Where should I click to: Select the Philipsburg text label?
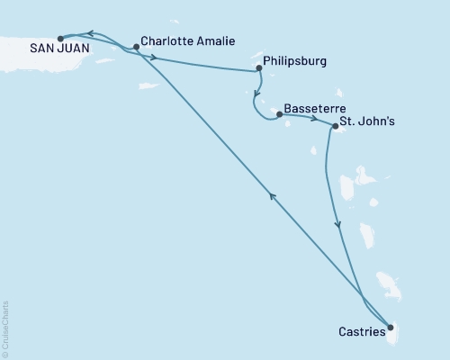pos(296,62)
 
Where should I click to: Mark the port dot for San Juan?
pos(60,39)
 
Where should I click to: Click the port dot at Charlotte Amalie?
pos(136,46)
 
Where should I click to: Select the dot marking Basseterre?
pos(279,114)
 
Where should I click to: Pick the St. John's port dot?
pos(335,127)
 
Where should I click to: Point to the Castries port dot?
pos(390,328)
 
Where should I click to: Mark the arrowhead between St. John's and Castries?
pos(338,226)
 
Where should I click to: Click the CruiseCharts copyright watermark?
pos(5,328)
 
